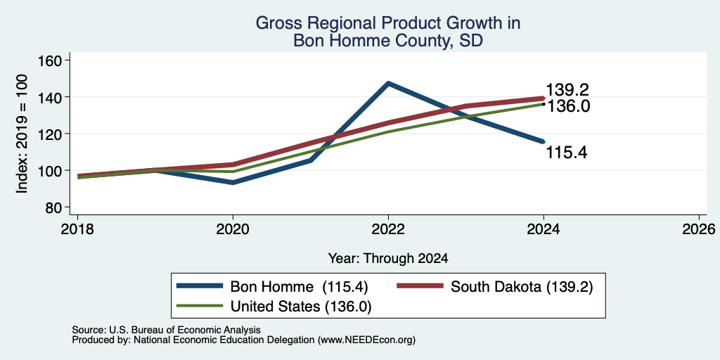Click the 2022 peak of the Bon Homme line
tap(388, 83)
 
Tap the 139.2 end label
tap(567, 90)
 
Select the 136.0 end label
tap(567, 106)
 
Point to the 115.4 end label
tap(567, 152)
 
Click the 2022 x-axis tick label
tap(388, 229)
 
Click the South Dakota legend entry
tap(494, 287)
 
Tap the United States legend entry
tap(274, 307)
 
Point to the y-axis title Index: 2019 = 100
tap(22, 134)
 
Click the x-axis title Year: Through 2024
tap(388, 259)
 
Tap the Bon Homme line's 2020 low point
tap(233, 183)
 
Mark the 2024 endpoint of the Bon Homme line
tap(544, 141)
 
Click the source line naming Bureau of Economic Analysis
tap(166, 330)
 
